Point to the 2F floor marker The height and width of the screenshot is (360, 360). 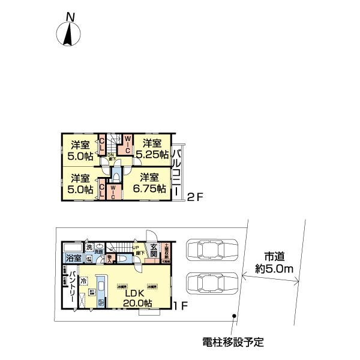click(x=196, y=196)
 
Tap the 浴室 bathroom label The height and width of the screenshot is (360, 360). click(x=73, y=259)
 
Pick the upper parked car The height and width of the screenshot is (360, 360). click(x=212, y=250)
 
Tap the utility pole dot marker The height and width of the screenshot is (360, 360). click(x=235, y=316)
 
